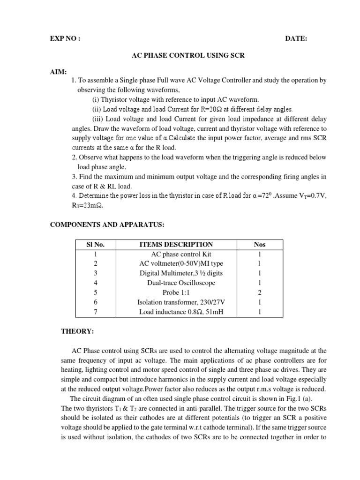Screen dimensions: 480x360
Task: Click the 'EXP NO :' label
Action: point(65,39)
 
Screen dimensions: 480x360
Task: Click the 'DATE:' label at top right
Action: point(296,39)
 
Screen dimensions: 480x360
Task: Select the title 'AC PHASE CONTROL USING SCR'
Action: point(187,55)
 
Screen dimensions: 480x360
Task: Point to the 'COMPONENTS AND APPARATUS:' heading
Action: point(107,225)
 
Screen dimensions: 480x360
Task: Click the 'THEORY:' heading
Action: point(78,331)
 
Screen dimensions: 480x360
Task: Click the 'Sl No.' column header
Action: point(95,245)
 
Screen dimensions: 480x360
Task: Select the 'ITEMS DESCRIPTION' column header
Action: point(176,245)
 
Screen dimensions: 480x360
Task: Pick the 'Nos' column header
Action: point(259,245)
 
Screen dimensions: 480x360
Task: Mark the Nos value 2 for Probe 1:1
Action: point(259,293)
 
